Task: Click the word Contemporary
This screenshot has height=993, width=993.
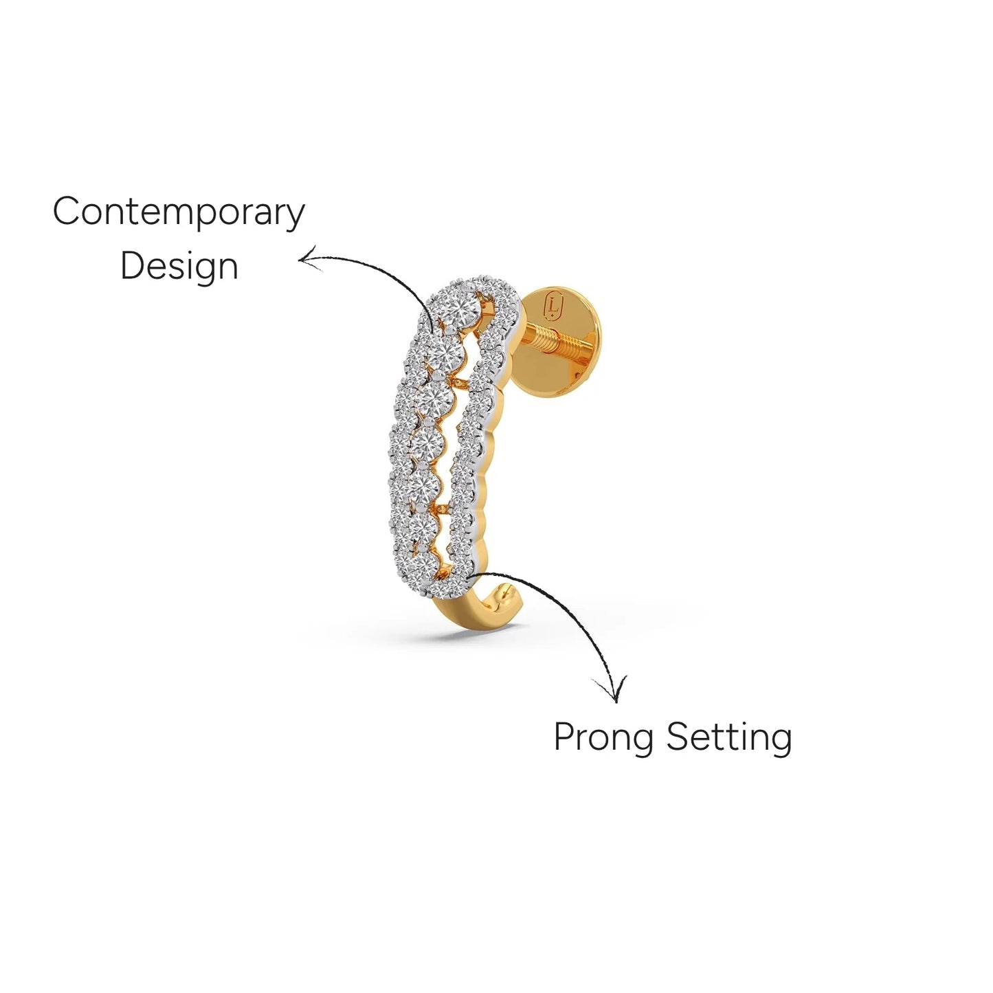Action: [x=179, y=212]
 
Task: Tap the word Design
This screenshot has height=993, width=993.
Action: [x=179, y=267]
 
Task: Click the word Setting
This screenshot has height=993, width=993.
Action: [x=729, y=738]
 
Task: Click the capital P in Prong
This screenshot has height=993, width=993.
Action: [x=564, y=737]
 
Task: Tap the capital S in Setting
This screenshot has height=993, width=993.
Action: [x=678, y=737]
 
